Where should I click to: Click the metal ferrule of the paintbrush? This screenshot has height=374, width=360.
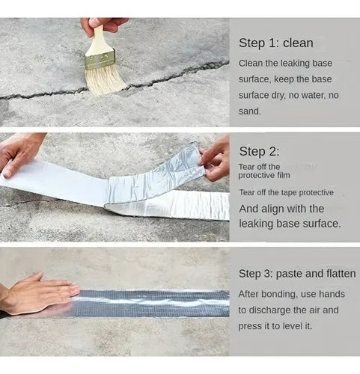pos(100,59)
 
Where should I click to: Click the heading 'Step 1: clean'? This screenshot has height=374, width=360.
pos(275,43)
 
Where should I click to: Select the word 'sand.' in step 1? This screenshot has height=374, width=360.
pos(249,111)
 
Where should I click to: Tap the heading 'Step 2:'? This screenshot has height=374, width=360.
pos(259,152)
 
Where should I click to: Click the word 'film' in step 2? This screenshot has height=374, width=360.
pos(284,175)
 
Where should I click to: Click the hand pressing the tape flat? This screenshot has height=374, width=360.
pos(39,294)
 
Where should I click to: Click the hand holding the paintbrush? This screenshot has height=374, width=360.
pos(103,25)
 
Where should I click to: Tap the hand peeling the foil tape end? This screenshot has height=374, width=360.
pos(216,159)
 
